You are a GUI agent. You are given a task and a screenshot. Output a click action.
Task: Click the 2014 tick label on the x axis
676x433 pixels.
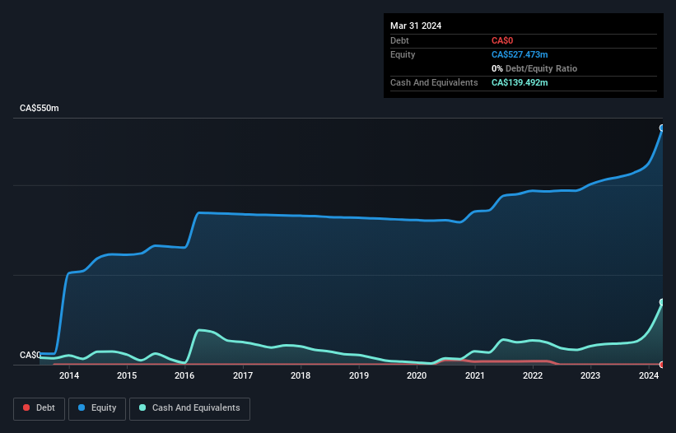pyautogui.click(x=68, y=376)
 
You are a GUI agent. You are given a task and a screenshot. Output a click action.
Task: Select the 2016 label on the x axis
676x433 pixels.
pyautogui.click(x=184, y=376)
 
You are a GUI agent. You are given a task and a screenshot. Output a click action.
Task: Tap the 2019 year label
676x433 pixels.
pyautogui.click(x=358, y=376)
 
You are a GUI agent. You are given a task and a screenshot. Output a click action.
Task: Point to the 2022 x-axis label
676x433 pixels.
pyautogui.click(x=532, y=376)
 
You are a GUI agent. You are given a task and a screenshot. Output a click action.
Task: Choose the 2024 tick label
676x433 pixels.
pyautogui.click(x=648, y=376)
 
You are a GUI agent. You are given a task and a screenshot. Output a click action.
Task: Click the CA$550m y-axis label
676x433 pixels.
pyautogui.click(x=40, y=109)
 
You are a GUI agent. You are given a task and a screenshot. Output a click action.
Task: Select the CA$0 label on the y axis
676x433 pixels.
pyautogui.click(x=30, y=355)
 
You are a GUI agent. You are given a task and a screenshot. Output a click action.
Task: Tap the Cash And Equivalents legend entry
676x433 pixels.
pyautogui.click(x=189, y=408)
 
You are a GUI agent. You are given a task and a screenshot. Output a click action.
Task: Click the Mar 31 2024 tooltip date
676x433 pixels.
pyautogui.click(x=416, y=26)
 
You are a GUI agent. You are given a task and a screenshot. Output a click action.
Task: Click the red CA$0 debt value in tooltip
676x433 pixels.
pyautogui.click(x=502, y=40)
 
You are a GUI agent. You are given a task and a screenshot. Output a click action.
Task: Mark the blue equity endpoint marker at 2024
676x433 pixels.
pyautogui.click(x=662, y=128)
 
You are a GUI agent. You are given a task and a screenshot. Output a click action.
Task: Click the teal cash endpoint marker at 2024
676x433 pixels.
pyautogui.click(x=662, y=302)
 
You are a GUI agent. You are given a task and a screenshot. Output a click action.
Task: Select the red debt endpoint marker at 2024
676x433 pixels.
pyautogui.click(x=662, y=364)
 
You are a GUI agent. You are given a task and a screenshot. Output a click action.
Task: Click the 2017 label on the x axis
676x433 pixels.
pyautogui.click(x=242, y=376)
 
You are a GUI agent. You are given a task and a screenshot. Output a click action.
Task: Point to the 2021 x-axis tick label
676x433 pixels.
pyautogui.click(x=474, y=376)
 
